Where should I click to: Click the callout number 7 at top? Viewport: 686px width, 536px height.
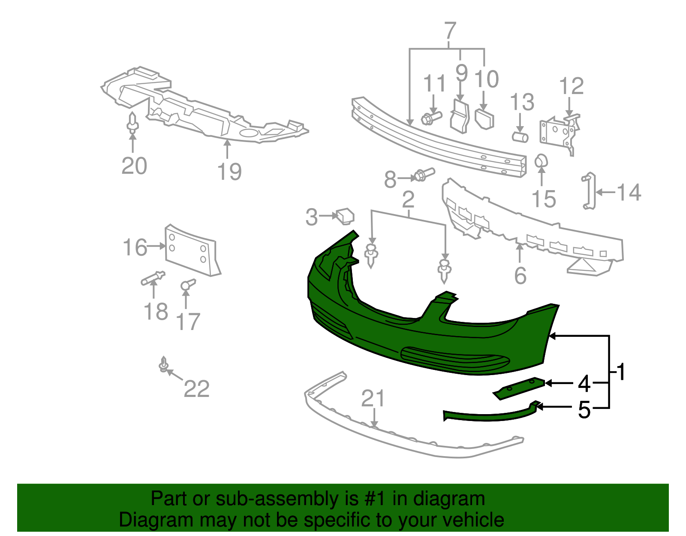coord(450,31)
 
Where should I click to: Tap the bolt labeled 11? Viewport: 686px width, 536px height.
coord(431,118)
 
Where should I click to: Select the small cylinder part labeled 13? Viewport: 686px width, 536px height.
coord(520,137)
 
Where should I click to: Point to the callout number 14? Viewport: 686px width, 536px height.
coord(629,192)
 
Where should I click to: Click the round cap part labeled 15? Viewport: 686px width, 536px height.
coord(541,161)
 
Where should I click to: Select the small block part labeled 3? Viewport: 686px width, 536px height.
coord(345,215)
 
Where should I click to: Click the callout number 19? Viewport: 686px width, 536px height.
coord(229,172)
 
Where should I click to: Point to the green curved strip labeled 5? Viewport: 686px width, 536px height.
coord(489,415)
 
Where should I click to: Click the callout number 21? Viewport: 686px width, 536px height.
coord(373,399)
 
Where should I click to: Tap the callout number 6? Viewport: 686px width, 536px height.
coord(520,276)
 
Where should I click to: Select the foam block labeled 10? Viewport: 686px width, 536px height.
coord(484,118)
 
